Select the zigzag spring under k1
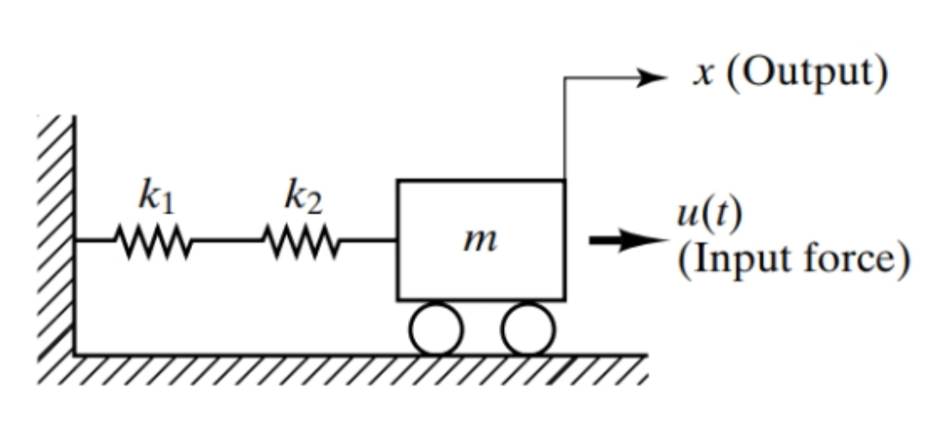151,241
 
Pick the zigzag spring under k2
300,241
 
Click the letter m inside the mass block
479,242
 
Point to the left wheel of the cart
435,329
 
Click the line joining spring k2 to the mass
369,241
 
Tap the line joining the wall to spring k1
94,241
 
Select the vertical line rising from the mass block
564,129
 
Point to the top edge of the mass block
480,181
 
